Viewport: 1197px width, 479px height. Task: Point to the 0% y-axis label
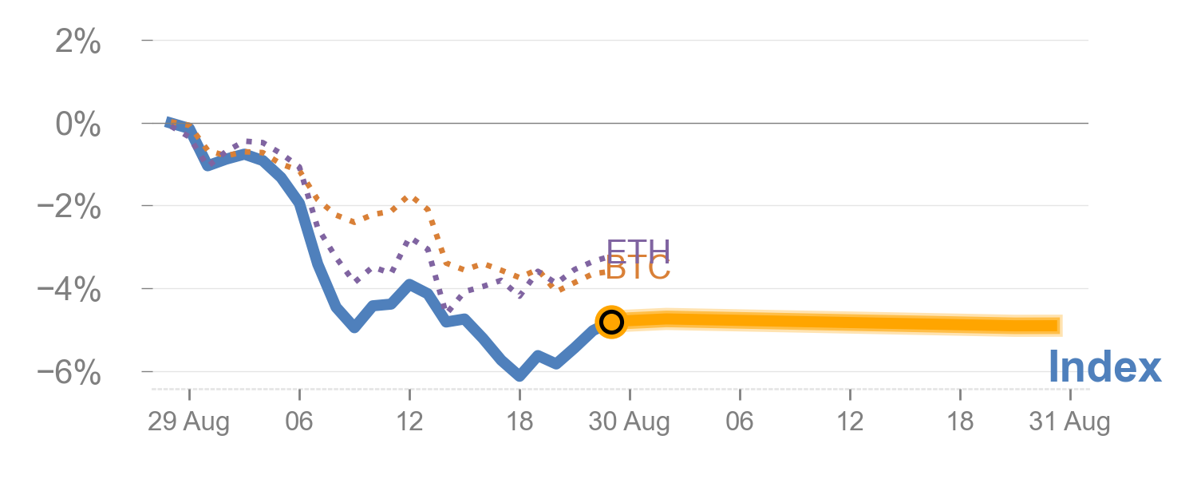point(77,125)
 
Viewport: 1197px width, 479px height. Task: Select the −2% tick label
point(70,208)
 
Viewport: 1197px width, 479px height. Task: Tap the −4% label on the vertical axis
point(70,291)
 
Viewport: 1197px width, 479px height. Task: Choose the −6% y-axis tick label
point(70,374)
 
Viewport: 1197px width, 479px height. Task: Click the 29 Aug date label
point(188,422)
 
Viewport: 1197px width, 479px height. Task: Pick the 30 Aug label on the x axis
point(629,422)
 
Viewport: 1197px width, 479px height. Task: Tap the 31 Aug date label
point(1069,422)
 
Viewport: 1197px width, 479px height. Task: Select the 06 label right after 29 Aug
point(299,422)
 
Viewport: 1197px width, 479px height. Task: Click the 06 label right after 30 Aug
point(740,422)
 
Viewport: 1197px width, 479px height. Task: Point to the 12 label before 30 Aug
point(409,422)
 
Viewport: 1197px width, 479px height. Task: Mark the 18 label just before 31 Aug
point(960,422)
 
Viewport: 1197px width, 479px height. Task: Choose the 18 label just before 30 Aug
point(519,422)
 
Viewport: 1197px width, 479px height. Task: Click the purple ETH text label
point(638,250)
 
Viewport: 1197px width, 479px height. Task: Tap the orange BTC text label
point(638,270)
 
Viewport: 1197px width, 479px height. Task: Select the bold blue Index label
point(1104,368)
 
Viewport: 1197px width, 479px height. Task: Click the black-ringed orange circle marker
point(611,322)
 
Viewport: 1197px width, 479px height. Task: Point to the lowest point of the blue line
point(519,374)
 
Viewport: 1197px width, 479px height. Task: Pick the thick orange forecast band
point(838,322)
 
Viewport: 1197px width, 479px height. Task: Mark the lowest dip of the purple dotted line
point(448,309)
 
